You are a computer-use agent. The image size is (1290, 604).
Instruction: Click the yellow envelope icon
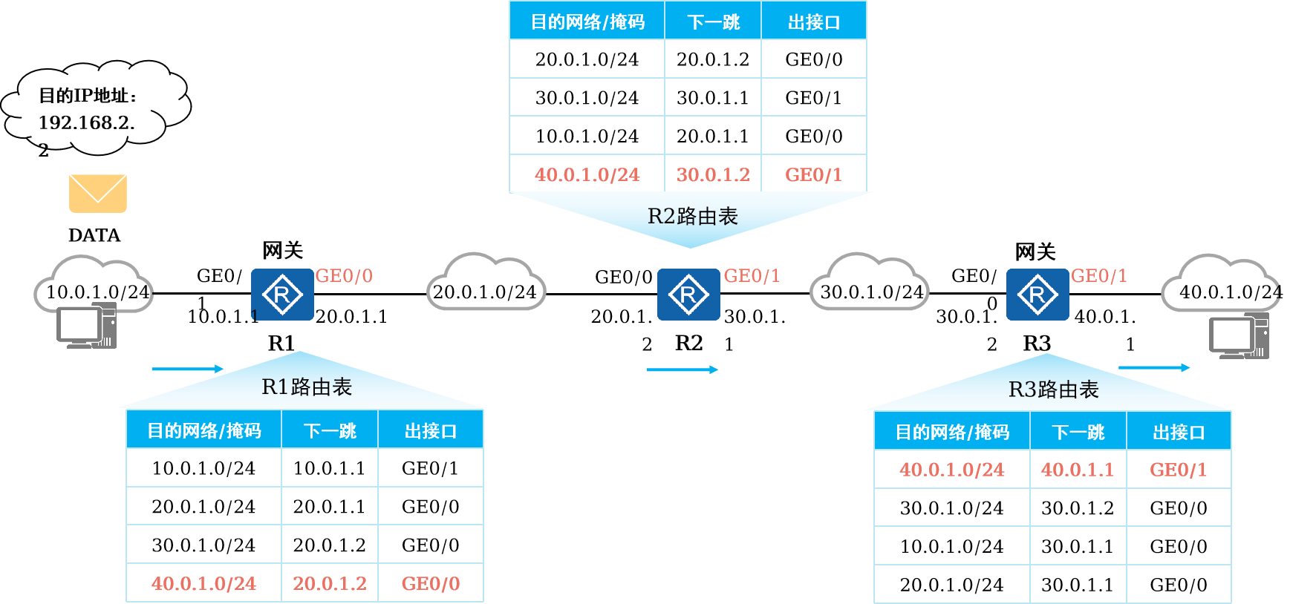point(98,194)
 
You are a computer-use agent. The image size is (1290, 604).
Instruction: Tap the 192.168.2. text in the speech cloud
point(86,122)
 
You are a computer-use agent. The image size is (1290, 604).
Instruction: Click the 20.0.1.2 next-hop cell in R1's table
point(330,583)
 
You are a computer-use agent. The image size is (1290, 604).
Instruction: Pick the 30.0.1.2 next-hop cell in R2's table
point(713,174)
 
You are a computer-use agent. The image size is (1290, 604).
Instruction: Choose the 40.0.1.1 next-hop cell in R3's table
point(1078,469)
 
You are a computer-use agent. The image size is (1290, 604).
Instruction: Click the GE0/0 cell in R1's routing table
point(431,583)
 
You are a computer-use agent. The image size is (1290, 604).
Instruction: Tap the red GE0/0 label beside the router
point(344,276)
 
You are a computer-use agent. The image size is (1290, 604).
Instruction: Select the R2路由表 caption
point(692,216)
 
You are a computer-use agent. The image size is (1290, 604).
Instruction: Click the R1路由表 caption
point(306,387)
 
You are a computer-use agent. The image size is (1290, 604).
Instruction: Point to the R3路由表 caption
point(1053,390)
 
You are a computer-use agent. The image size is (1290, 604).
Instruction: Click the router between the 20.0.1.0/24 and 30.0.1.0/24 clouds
point(688,295)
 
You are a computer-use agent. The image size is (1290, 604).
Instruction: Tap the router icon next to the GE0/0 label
point(282,295)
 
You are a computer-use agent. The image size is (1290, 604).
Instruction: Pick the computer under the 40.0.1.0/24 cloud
point(1239,336)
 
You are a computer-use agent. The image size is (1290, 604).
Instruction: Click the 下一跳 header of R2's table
point(713,22)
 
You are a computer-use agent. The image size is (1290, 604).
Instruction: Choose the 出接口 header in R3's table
point(1179,432)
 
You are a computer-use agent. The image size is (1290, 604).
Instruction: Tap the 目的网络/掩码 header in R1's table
point(204,430)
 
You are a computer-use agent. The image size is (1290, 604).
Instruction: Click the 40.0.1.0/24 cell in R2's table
point(587,174)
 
